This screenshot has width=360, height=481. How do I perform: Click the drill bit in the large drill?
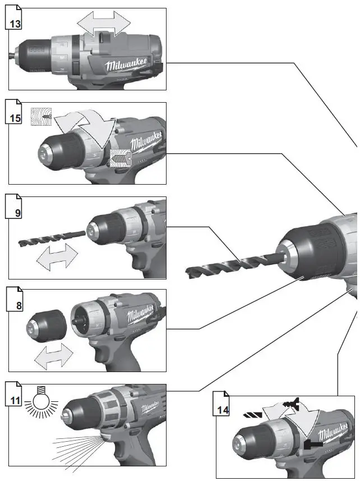(230, 264)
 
